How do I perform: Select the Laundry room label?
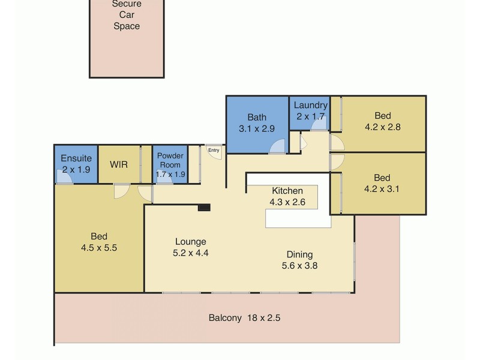310,111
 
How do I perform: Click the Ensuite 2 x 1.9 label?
76,164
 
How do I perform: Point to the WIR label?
119,164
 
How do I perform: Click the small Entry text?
213,150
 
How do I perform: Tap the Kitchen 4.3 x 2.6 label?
287,196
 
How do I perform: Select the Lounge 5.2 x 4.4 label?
191,247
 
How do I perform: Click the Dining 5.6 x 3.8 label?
299,260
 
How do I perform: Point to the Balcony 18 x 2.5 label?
244,318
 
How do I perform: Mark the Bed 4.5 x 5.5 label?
99,242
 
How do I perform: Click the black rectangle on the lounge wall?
204,207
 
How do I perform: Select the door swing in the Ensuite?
64,177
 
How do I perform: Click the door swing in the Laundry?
320,124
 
